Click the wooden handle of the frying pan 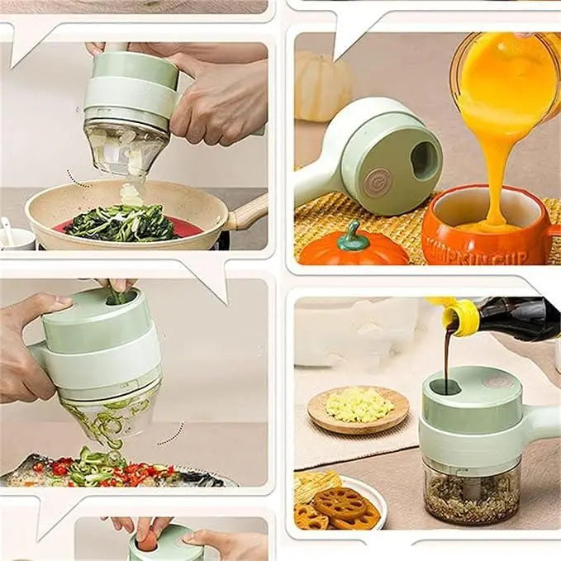pyautogui.click(x=249, y=214)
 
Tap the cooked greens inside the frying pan pyautogui.click(x=124, y=222)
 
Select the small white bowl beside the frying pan pyautogui.click(x=16, y=237)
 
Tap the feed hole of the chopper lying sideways pyautogui.click(x=425, y=159)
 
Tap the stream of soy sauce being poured pyautogui.click(x=446, y=355)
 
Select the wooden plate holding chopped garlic pyautogui.click(x=358, y=408)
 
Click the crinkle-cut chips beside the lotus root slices pyautogui.click(x=316, y=487)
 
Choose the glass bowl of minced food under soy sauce pyautogui.click(x=471, y=492)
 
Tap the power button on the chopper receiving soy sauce pyautogui.click(x=495, y=382)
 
